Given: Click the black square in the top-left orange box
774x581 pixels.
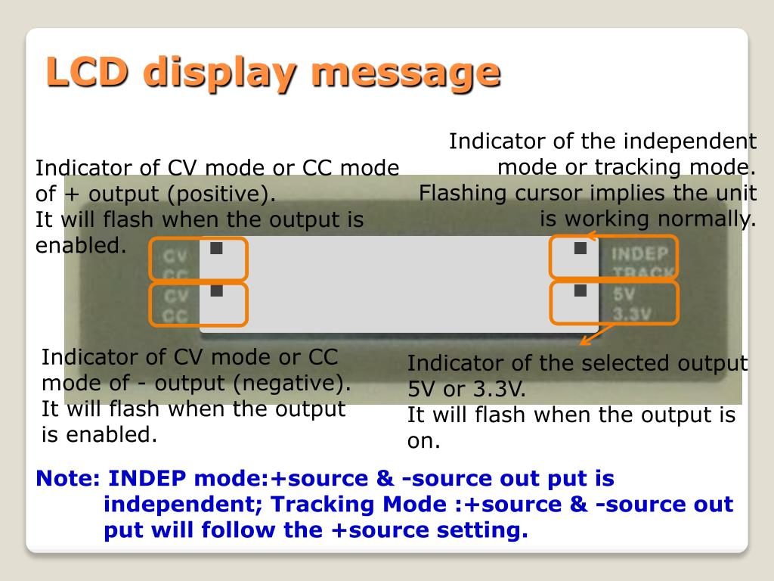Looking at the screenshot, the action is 217,248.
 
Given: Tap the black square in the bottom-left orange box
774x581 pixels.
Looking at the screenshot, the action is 217,290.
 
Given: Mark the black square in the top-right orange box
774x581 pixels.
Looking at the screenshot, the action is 580,248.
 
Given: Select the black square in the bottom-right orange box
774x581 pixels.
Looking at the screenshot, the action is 580,290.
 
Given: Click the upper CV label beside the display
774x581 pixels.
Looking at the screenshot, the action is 175,257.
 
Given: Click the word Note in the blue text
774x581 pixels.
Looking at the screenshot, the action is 67,479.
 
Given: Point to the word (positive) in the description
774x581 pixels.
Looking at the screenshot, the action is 222,194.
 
